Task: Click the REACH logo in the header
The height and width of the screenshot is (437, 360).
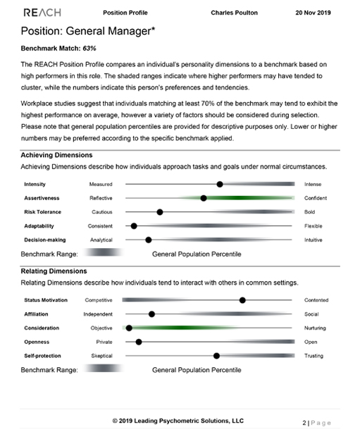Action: [x=42, y=13]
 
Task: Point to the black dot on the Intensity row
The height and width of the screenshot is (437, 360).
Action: [x=220, y=184]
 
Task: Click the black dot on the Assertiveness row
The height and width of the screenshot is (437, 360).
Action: [x=204, y=198]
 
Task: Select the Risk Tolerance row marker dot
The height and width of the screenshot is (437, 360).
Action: [x=160, y=212]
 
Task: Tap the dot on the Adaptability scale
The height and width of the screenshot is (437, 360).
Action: [x=134, y=226]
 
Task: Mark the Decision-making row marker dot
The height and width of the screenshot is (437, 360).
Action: [x=148, y=240]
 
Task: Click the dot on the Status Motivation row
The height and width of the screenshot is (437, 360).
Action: [x=242, y=300]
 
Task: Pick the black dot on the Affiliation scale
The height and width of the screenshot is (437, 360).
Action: [x=151, y=314]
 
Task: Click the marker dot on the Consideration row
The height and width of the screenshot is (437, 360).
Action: [x=129, y=328]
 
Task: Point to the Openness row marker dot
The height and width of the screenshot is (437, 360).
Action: [x=138, y=342]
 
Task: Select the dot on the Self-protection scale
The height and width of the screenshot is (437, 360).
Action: [x=216, y=356]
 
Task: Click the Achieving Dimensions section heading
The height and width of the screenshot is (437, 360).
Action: [x=56, y=155]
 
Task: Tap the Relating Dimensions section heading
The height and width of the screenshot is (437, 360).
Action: [x=54, y=271]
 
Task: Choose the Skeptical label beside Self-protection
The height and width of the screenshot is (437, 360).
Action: [x=101, y=356]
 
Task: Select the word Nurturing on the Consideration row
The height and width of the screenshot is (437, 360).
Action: [x=316, y=328]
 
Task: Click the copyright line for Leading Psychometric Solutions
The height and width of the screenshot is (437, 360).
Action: [x=178, y=420]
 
